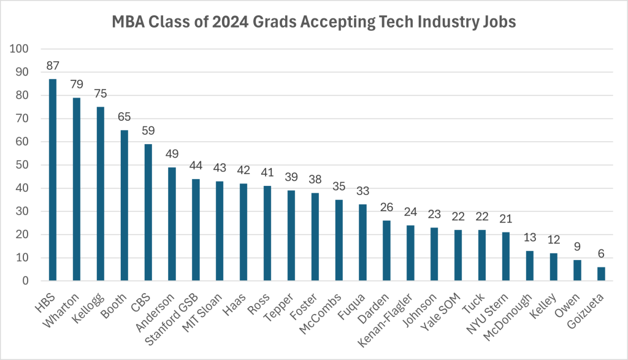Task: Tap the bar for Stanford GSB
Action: (196, 230)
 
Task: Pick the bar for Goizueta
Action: (601, 274)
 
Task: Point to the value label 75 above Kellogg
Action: (101, 93)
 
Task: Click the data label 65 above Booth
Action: (124, 117)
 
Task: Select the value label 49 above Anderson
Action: (172, 154)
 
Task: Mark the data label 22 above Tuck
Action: (482, 217)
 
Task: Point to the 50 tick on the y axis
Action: (24, 165)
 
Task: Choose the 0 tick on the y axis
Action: (26, 281)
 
